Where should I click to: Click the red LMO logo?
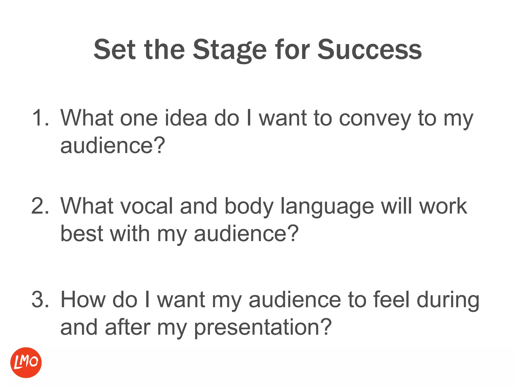pyautogui.click(x=26, y=363)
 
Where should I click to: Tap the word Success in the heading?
pyautogui.click(x=369, y=50)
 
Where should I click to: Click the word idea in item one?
pyautogui.click(x=186, y=118)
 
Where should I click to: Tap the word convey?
pyautogui.click(x=375, y=118)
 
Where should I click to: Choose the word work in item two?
pyautogui.click(x=443, y=206)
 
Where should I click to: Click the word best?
pyautogui.click(x=82, y=234)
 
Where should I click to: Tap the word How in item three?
pyautogui.click(x=83, y=300)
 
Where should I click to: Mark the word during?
pyautogui.click(x=448, y=300)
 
